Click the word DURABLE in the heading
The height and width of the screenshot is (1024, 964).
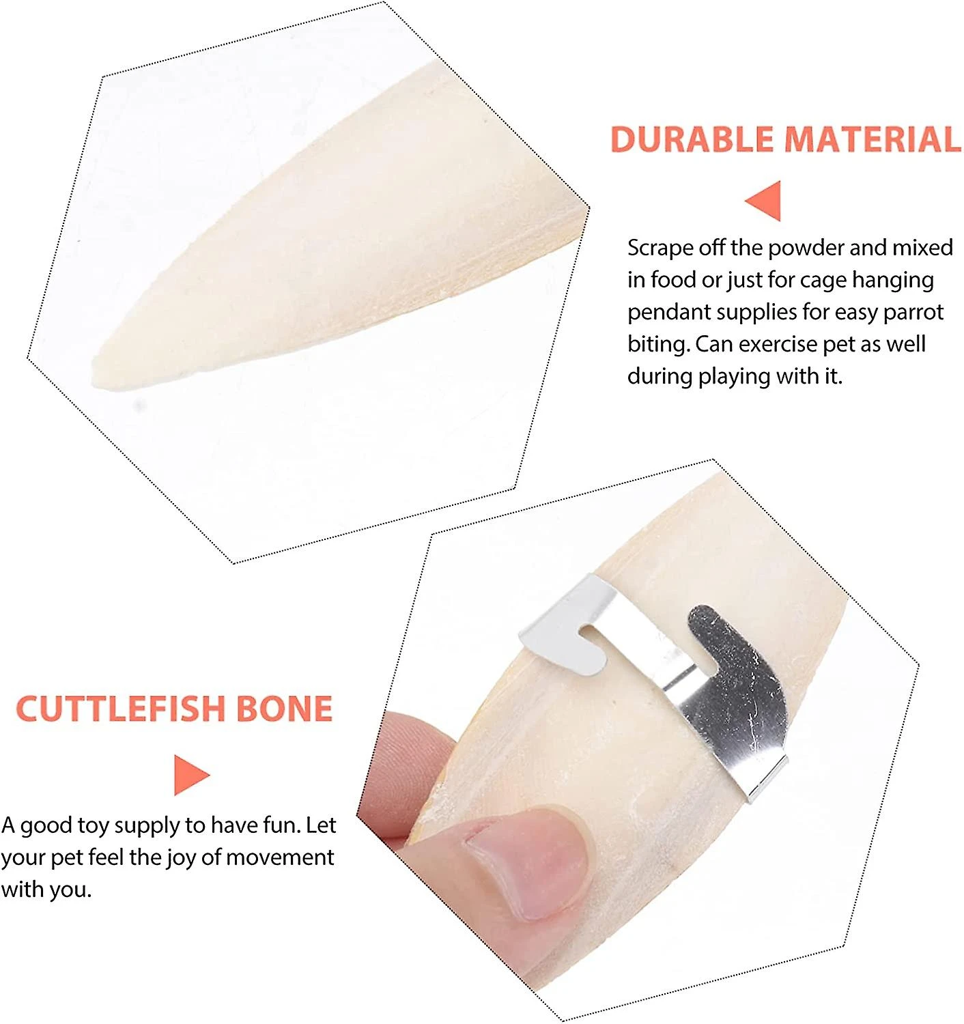(x=692, y=139)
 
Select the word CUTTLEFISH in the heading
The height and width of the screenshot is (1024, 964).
(x=121, y=709)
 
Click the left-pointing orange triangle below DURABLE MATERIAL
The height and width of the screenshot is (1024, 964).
(x=763, y=201)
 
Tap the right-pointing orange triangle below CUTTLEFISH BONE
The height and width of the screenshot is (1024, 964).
(x=192, y=775)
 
